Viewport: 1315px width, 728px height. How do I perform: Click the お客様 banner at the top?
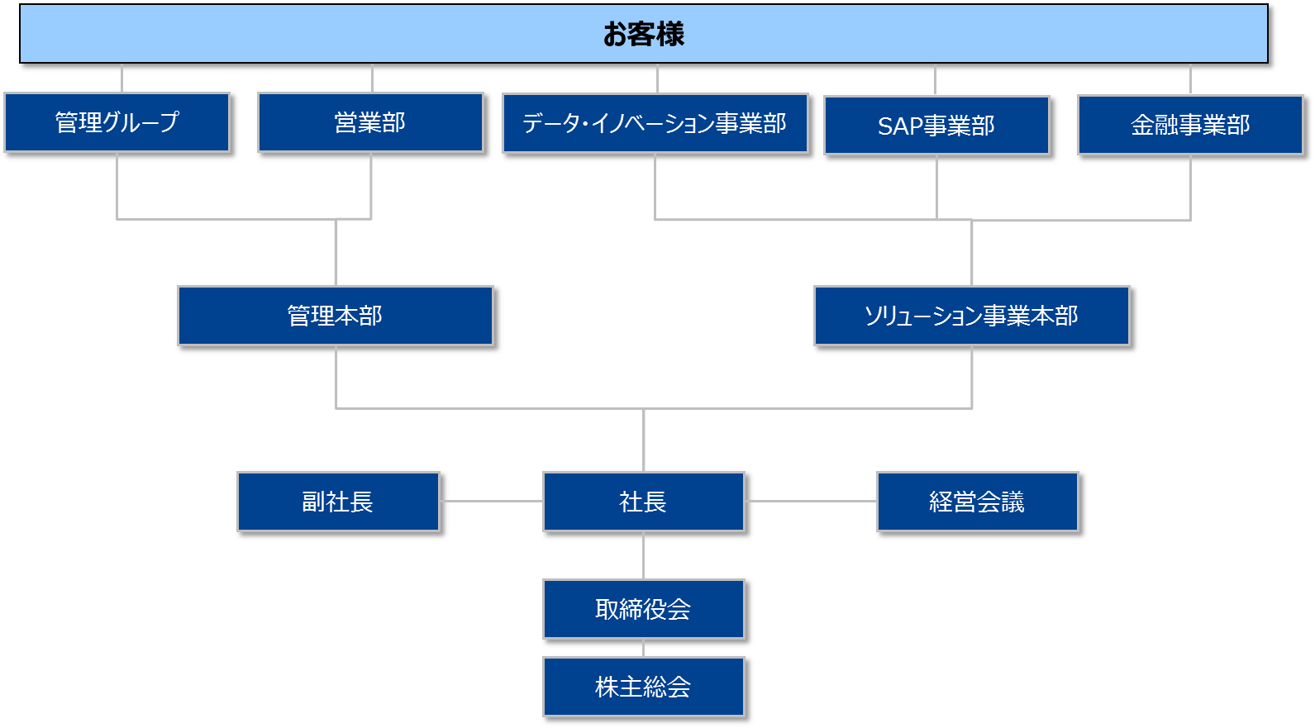coord(643,34)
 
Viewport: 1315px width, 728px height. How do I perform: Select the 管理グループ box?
coord(117,122)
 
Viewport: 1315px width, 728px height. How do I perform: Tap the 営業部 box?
coord(370,122)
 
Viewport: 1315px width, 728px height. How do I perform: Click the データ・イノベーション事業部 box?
coord(655,123)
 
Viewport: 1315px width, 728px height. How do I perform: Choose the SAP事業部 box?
coord(936,126)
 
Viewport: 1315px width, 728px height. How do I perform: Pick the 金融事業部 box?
coord(1190,125)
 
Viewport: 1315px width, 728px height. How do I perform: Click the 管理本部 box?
coord(335,316)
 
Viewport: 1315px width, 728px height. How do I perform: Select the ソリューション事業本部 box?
coord(971,316)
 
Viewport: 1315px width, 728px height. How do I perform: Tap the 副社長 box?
coord(337,502)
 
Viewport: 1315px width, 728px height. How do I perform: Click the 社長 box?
coord(643,502)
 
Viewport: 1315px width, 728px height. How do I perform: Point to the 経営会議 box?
coord(977,502)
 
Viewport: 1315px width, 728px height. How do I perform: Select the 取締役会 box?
coord(643,609)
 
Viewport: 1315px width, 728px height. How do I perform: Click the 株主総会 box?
coord(643,687)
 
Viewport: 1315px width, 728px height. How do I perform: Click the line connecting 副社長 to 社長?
coord(491,501)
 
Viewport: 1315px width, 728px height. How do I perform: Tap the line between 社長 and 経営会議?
coord(810,501)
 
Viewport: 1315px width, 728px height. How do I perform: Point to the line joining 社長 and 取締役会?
coord(643,555)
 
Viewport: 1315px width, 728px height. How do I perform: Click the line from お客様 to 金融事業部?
coord(1190,79)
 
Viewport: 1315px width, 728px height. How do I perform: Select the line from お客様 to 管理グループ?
coord(121,78)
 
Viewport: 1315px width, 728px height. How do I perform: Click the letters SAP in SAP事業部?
coord(899,126)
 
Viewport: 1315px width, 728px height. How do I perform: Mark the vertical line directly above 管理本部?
coord(336,252)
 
